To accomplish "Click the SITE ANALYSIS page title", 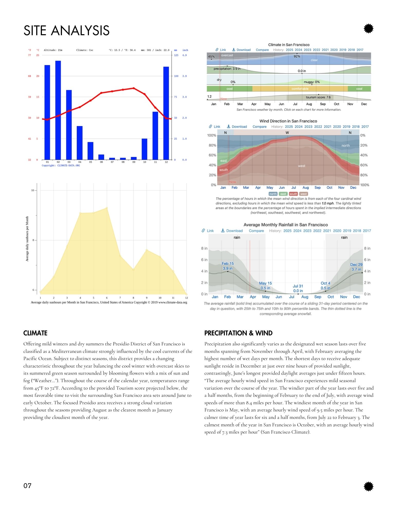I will pyautogui.click(x=66, y=31).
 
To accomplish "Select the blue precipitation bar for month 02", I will pyautogui.click(x=58, y=111).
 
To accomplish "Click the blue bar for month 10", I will pyautogui.click(x=144, y=149).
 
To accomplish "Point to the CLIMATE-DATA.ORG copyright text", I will pyautogui.click(x=61, y=166).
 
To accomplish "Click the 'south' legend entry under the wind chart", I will pyautogui.click(x=293, y=194).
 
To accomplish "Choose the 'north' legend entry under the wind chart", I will pyautogui.click(x=273, y=194).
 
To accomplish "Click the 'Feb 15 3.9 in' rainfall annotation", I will pyautogui.click(x=228, y=266).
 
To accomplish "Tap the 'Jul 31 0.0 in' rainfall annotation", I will pyautogui.click(x=298, y=288).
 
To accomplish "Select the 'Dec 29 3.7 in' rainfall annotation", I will pyautogui.click(x=356, y=267).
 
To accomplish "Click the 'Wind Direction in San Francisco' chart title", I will pyautogui.click(x=288, y=121).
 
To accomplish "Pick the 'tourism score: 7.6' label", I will pyautogui.click(x=318, y=97).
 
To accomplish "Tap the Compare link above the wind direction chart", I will pyautogui.click(x=260, y=127).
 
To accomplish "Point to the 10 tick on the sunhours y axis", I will pyautogui.click(x=33, y=190).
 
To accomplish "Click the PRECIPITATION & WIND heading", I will pyautogui.click(x=238, y=333).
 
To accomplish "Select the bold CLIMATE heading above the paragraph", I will pyautogui.click(x=35, y=333).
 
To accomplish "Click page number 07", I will pyautogui.click(x=27, y=486).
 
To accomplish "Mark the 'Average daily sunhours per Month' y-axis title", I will pyautogui.click(x=27, y=239).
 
